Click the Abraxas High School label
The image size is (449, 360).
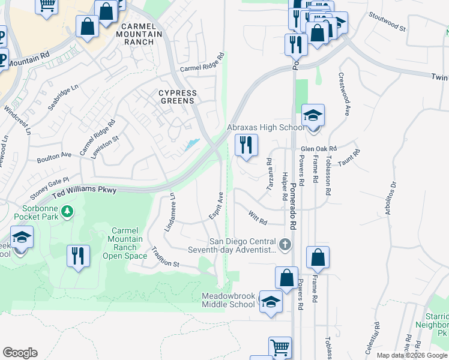click(265, 127)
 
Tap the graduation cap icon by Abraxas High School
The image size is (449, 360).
click(313, 116)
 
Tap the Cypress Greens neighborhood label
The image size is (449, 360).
click(177, 97)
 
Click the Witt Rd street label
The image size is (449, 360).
click(258, 218)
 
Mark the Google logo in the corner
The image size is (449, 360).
click(20, 353)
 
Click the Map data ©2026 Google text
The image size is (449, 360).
click(411, 355)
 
